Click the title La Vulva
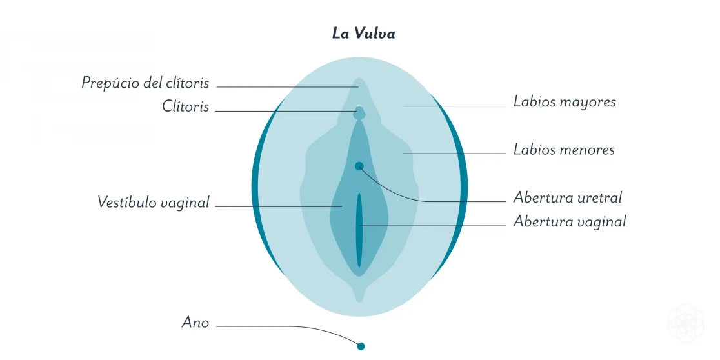click(x=363, y=34)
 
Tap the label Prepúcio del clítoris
click(x=145, y=83)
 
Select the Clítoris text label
click(x=186, y=106)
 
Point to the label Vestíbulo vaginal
click(x=154, y=202)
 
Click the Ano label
click(x=195, y=323)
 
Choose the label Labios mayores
click(x=565, y=102)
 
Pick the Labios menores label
click(x=564, y=150)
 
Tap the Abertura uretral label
click(x=568, y=197)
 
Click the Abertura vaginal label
click(x=570, y=221)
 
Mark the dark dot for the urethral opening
click(x=359, y=166)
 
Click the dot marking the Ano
click(x=361, y=346)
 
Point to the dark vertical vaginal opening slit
click(x=359, y=230)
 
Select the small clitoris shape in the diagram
click(x=359, y=112)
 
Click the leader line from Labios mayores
click(x=454, y=106)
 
